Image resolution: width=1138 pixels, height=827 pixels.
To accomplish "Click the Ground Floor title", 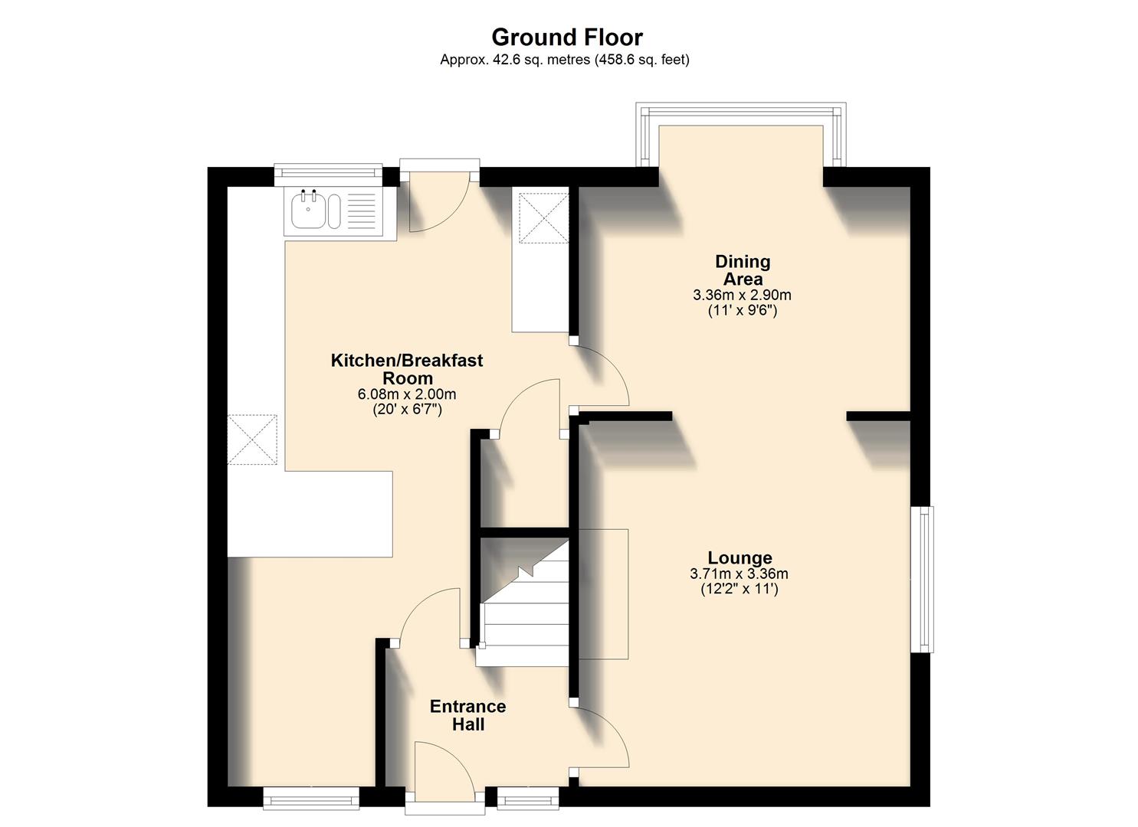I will coord(566,37).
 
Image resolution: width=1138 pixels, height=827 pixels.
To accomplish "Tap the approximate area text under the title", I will coord(564,60).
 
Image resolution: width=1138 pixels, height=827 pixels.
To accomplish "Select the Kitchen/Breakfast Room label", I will coord(407,369).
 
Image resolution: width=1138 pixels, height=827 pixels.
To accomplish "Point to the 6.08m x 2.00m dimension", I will coord(407,394).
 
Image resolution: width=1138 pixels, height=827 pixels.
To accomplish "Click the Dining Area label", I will coord(742,270).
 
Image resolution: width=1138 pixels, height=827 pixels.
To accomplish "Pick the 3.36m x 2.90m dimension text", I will coord(742,295).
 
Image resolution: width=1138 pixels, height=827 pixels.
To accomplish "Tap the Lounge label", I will coord(740,557).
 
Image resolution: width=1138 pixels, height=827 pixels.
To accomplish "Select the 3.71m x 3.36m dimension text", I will coord(739,574).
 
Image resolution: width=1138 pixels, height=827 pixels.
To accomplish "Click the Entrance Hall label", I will coord(467,715).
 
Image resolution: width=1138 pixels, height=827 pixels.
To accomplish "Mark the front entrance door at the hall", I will coord(444,773).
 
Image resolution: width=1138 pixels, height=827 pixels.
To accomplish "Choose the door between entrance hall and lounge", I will coord(602,735).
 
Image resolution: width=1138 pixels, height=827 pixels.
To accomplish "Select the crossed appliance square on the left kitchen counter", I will coord(252,440).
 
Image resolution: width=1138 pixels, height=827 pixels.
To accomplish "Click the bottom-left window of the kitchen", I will coord(311,799).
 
